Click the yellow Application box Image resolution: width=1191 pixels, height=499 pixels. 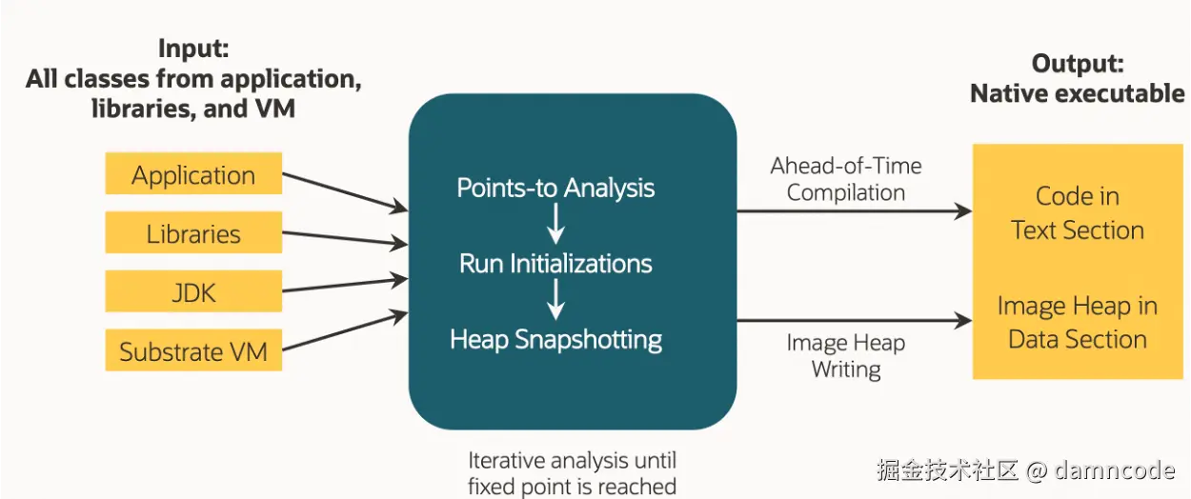[x=193, y=173]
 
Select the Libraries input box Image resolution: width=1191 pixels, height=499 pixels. [x=193, y=232]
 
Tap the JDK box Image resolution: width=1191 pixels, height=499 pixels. [x=193, y=291]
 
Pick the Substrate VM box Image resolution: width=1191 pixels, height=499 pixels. [x=193, y=350]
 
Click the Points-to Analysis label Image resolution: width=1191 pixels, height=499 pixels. [x=555, y=189]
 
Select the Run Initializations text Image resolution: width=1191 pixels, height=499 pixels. [x=555, y=264]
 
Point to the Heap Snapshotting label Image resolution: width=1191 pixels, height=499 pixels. [x=556, y=340]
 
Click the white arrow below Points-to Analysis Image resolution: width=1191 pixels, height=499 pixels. [x=555, y=224]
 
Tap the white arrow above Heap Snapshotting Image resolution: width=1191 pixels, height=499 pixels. [x=555, y=299]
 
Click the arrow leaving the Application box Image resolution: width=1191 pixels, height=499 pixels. [x=345, y=191]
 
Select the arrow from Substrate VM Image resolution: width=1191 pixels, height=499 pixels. [x=345, y=330]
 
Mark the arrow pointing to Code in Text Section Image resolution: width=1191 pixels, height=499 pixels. [x=855, y=211]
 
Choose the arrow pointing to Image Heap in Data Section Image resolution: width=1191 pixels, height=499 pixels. [x=855, y=320]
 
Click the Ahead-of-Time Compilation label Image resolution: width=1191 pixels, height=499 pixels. [x=846, y=180]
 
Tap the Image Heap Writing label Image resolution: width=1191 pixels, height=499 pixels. [x=846, y=356]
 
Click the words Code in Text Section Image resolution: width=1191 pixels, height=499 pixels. [x=1078, y=213]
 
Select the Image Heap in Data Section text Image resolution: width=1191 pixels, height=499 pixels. [x=1078, y=323]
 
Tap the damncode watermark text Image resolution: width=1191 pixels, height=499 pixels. [x=1114, y=470]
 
